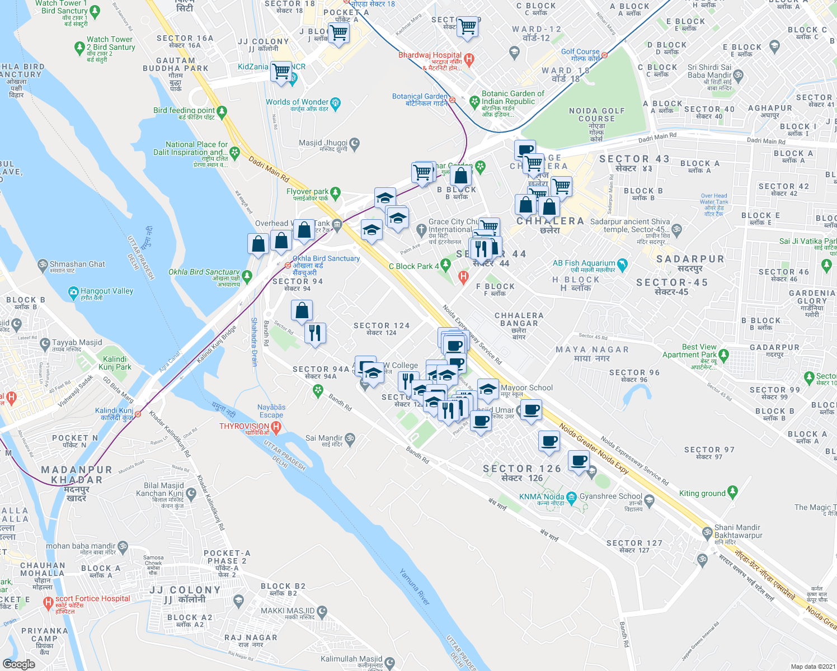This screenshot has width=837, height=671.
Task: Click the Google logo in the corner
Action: click(x=19, y=664)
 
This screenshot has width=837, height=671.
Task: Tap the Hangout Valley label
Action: click(x=107, y=291)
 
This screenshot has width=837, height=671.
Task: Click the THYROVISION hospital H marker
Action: click(x=275, y=427)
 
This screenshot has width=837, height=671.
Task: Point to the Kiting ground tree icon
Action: click(x=732, y=493)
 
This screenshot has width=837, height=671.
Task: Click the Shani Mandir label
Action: click(x=737, y=528)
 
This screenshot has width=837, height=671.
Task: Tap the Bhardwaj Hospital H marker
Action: click(x=469, y=58)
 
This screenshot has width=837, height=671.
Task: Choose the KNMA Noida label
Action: click(x=541, y=497)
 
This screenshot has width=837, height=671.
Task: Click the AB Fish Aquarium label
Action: click(x=584, y=263)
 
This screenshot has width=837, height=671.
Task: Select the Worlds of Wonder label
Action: click(x=297, y=102)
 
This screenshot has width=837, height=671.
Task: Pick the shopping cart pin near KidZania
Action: click(x=281, y=72)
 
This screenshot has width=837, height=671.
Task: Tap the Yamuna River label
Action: click(x=415, y=587)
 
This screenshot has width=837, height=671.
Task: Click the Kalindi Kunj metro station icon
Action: click(x=138, y=414)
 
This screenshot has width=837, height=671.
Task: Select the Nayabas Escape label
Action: click(x=271, y=411)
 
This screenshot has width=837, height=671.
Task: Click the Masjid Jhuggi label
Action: click(x=323, y=143)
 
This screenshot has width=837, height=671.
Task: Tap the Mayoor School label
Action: click(x=526, y=388)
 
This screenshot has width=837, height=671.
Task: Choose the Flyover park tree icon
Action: click(x=336, y=193)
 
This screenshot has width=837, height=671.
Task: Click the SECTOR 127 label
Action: click(x=634, y=543)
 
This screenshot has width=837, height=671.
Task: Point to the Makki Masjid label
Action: click(x=288, y=611)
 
